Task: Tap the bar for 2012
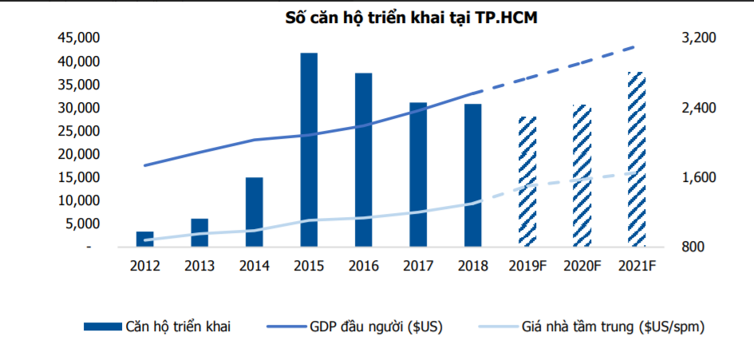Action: pyautogui.click(x=144, y=239)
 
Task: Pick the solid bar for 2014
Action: pyautogui.click(x=254, y=212)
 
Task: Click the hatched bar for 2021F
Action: pyautogui.click(x=636, y=160)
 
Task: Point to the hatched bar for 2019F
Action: pyautogui.click(x=527, y=182)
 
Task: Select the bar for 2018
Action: pyautogui.click(x=473, y=176)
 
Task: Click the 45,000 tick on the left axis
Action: pyautogui.click(x=78, y=38)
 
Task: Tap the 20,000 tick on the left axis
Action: pyautogui.click(x=78, y=154)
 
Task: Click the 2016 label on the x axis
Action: pyautogui.click(x=363, y=266)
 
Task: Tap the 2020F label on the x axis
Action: pyautogui.click(x=582, y=266)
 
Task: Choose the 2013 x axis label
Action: pyautogui.click(x=199, y=266)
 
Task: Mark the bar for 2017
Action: pyautogui.click(x=418, y=175)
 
